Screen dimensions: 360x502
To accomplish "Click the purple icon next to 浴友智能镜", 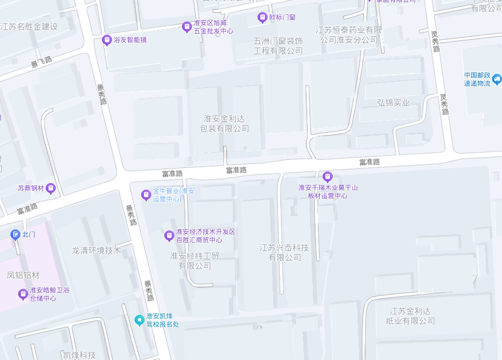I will click(106, 40).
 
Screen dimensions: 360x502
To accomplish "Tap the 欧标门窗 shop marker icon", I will click(263, 18).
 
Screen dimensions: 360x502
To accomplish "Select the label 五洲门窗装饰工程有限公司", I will click(278, 46).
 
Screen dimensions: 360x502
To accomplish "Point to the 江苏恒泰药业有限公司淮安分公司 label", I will click(349, 35).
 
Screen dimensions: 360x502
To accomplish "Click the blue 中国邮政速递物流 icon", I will click(496, 79).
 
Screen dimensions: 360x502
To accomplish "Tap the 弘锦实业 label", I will click(393, 103).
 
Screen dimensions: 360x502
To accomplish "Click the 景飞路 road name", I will click(41, 62).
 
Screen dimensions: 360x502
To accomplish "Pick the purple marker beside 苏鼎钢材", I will click(51, 188).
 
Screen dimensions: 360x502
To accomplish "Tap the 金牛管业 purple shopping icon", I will click(146, 195).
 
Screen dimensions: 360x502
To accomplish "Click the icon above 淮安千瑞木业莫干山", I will click(328, 177).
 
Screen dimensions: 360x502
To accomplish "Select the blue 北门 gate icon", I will click(15, 234).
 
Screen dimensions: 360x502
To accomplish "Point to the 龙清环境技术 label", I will click(96, 250).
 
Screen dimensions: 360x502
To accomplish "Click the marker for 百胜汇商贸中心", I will click(169, 236).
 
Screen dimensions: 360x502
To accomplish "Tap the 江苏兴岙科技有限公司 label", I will click(285, 252).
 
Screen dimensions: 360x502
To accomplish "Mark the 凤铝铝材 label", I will click(23, 275).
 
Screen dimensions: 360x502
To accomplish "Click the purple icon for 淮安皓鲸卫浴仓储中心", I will click(23, 294).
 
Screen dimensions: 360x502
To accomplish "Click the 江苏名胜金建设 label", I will click(29, 27).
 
